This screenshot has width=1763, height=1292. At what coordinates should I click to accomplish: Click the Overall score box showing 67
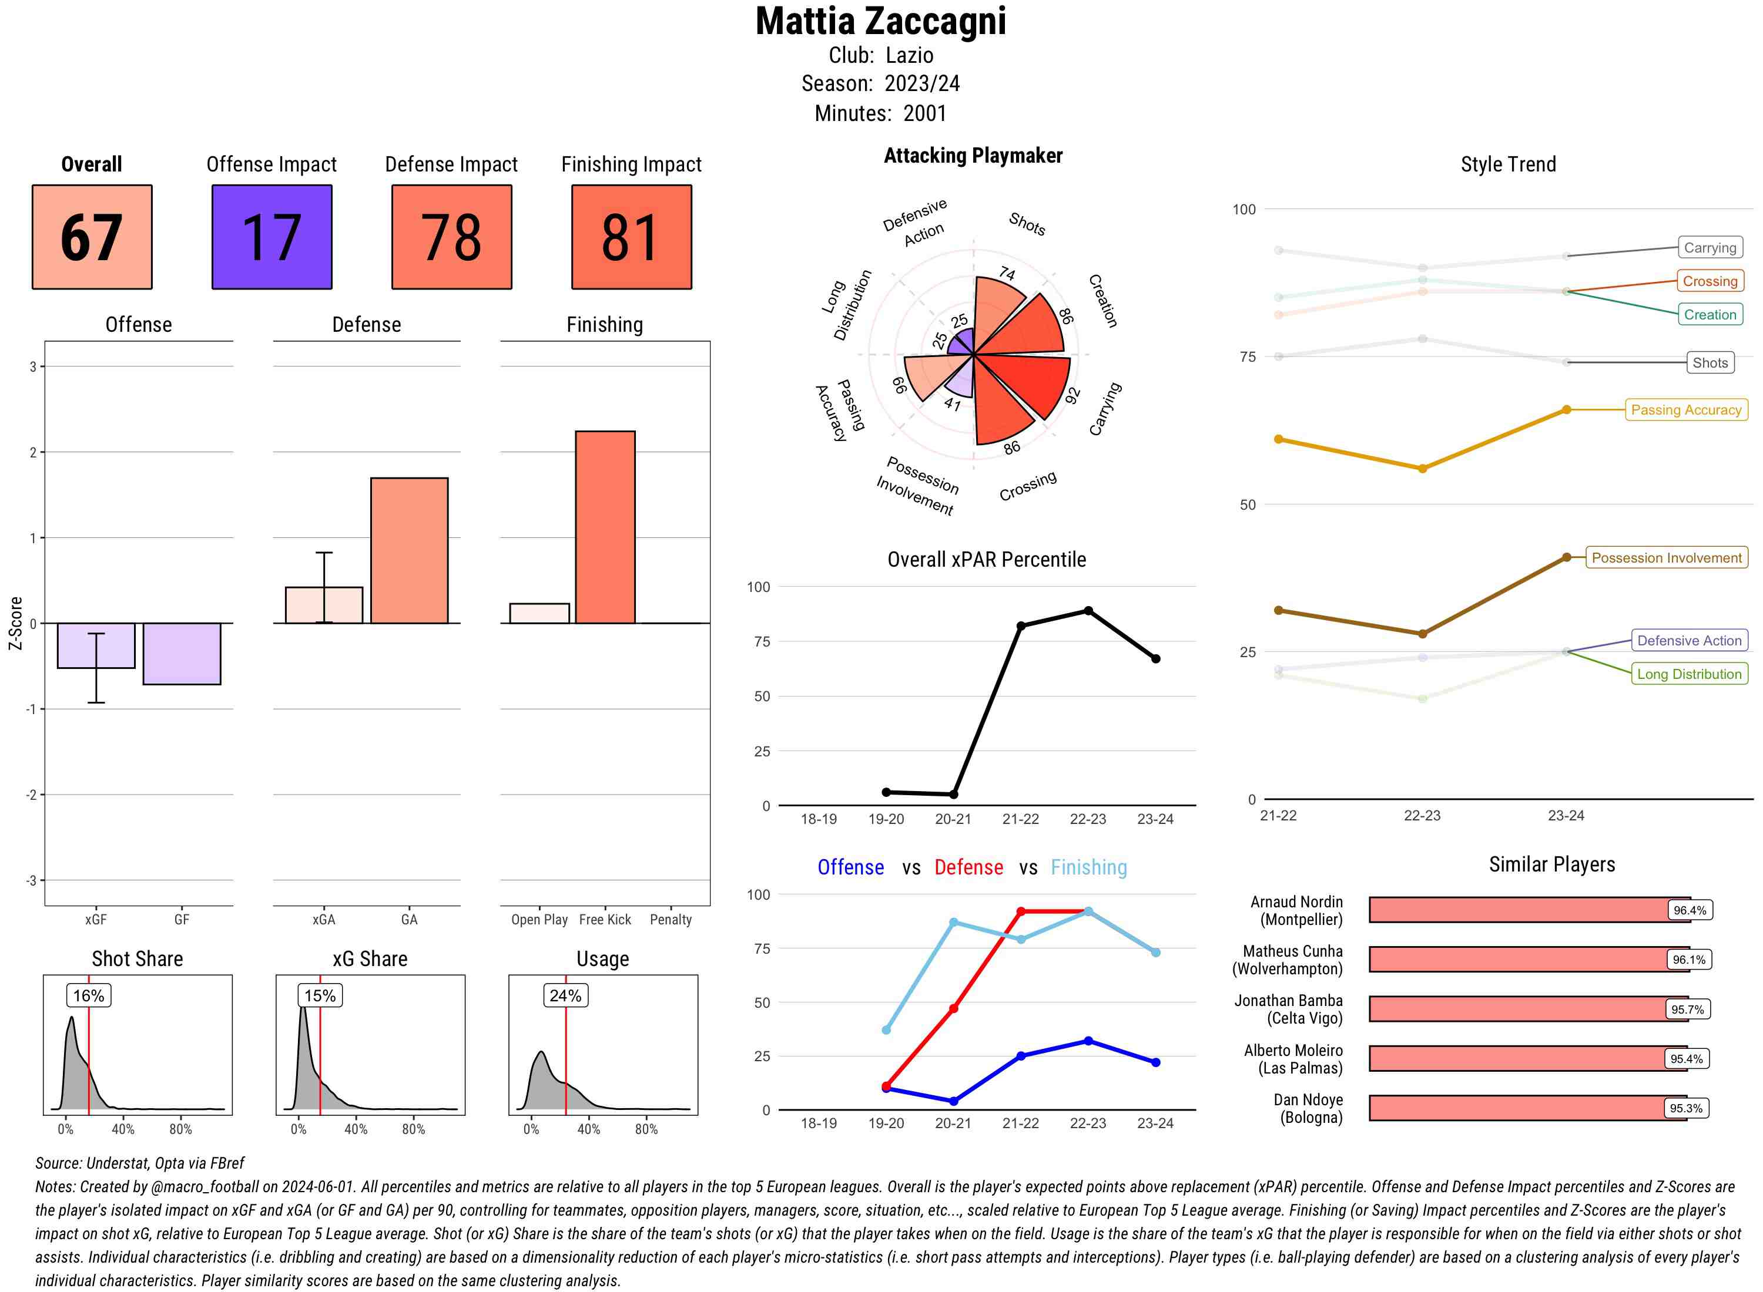tap(92, 237)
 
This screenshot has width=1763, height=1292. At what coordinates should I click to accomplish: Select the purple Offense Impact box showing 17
tap(272, 237)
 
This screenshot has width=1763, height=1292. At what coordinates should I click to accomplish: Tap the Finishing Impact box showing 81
tap(632, 237)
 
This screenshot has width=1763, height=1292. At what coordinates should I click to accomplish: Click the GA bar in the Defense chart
tap(409, 551)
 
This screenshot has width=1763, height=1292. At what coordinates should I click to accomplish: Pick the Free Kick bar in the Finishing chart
tap(605, 527)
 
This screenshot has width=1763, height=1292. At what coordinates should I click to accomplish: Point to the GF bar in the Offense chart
tap(182, 654)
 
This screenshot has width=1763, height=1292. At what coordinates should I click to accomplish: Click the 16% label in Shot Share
tap(88, 995)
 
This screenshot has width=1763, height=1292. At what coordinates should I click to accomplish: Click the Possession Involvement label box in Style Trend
tap(1666, 558)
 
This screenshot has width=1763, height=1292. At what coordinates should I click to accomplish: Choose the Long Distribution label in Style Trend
tap(1689, 674)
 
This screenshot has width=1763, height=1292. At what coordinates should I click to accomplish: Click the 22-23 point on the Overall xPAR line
tap(1088, 611)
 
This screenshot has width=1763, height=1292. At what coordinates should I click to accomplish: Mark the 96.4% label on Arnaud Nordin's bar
tap(1690, 910)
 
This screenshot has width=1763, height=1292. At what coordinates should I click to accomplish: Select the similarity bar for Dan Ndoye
tap(1526, 1108)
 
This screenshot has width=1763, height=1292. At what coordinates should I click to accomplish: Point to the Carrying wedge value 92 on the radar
tap(1072, 396)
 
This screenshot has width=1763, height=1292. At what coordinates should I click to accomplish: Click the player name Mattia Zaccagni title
tap(880, 22)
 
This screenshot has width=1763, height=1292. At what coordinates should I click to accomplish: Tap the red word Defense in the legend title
tap(968, 867)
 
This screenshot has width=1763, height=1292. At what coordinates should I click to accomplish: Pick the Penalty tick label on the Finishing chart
tap(671, 920)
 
